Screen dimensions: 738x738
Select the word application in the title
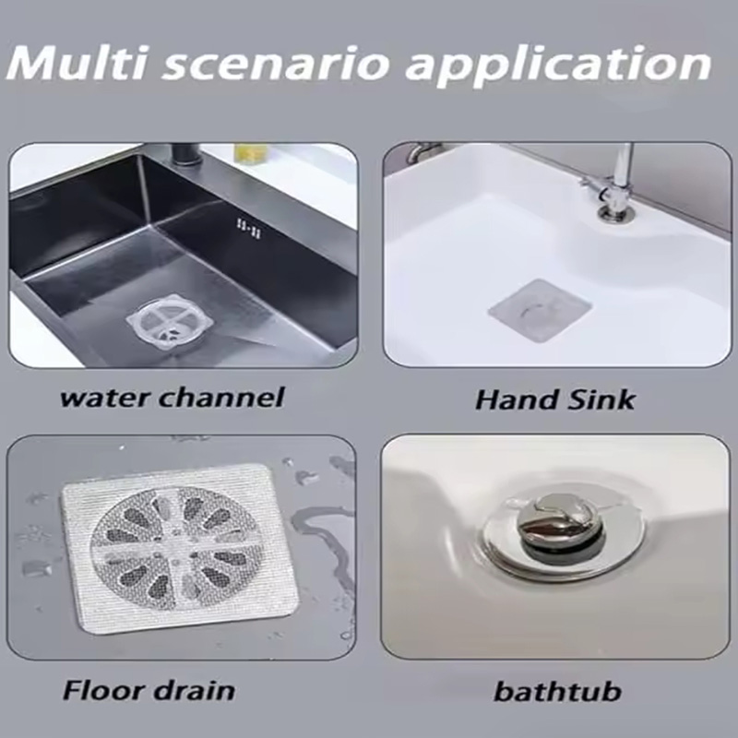[559, 65]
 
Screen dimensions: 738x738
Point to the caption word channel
[221, 397]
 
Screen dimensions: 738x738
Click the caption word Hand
[517, 399]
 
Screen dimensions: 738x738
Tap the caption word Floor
[104, 690]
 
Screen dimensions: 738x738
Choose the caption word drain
[195, 690]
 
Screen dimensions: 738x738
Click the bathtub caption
[558, 691]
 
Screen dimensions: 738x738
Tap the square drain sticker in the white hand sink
[540, 310]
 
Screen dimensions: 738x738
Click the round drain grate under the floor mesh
[176, 548]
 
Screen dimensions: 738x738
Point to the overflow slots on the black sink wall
[249, 228]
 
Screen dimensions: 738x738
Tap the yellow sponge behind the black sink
[251, 152]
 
